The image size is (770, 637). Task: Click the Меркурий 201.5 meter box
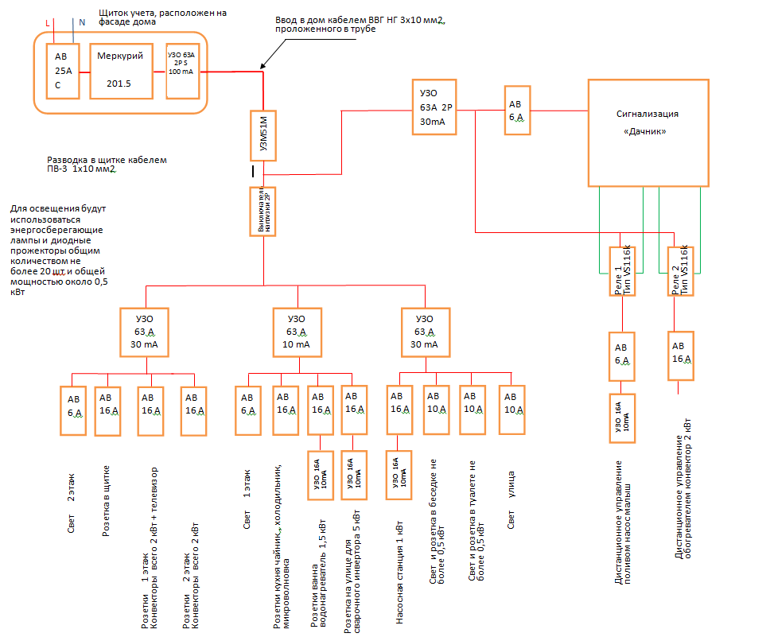(x=121, y=71)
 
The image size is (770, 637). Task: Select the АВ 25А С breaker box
(x=63, y=72)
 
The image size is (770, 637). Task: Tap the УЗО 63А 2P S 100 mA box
(x=181, y=72)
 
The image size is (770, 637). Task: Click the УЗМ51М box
(x=264, y=134)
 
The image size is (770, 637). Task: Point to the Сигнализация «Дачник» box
(x=646, y=132)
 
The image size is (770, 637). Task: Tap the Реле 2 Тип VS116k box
(x=680, y=270)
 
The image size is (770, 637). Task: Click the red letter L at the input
(x=49, y=24)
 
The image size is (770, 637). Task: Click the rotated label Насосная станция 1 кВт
(x=400, y=577)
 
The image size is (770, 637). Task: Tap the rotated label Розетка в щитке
(x=106, y=501)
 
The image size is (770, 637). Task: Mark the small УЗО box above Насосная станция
(x=400, y=476)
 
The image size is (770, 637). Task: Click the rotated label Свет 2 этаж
(x=71, y=509)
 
